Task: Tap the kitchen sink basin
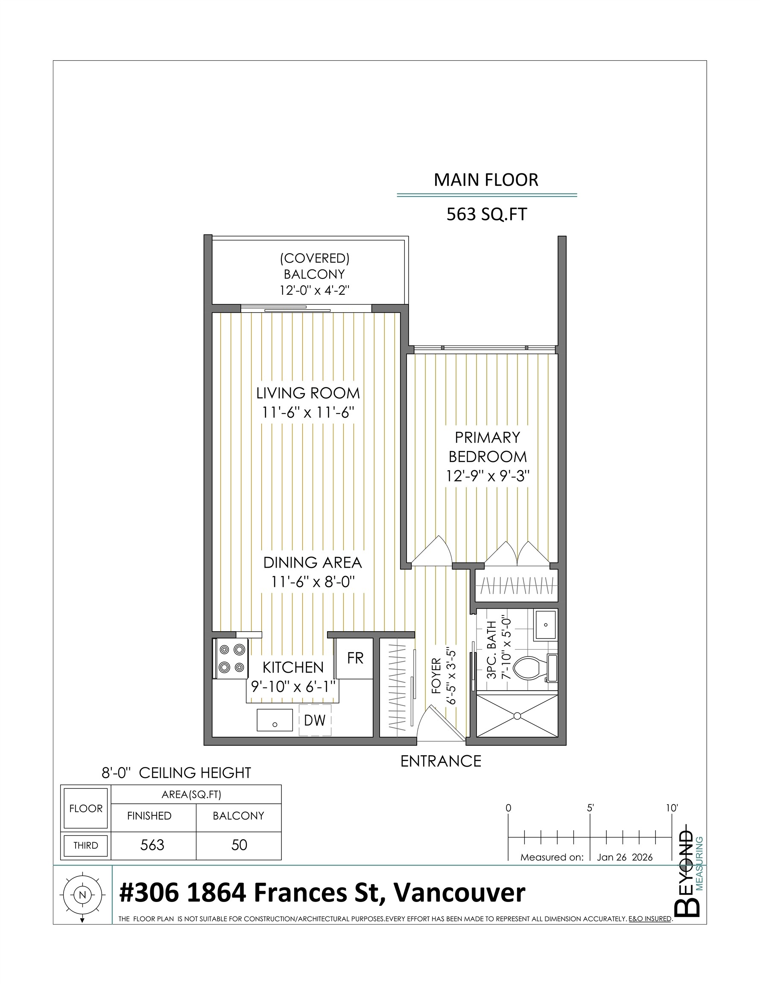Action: coord(275,720)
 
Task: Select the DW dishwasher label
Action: coord(314,720)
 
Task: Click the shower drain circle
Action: coord(517,716)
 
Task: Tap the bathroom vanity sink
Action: coord(546,625)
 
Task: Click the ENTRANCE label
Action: coord(441,761)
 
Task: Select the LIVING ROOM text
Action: coord(308,393)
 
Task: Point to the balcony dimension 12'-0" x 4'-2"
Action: coord(314,290)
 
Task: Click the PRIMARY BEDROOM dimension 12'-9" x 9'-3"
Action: coord(488,476)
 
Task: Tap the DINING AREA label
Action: coord(313,562)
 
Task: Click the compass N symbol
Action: coord(82,895)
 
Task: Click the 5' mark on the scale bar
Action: coord(590,808)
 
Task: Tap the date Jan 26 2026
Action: coord(624,857)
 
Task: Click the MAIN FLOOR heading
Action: coord(485,180)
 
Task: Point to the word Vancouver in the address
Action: coord(459,893)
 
